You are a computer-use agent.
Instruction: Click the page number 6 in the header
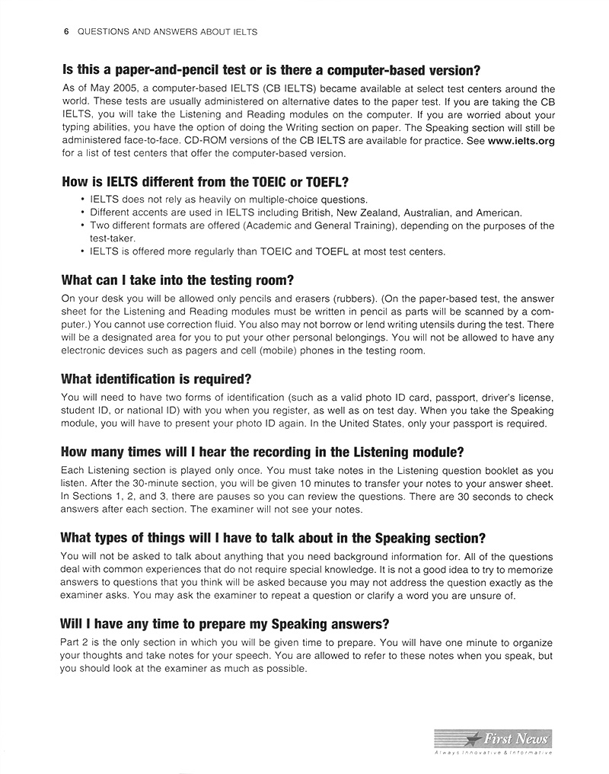(x=66, y=32)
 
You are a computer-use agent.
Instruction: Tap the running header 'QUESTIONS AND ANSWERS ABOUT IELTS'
(x=167, y=32)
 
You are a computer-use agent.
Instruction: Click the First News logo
(x=493, y=738)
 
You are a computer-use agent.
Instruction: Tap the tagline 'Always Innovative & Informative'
(x=493, y=753)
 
